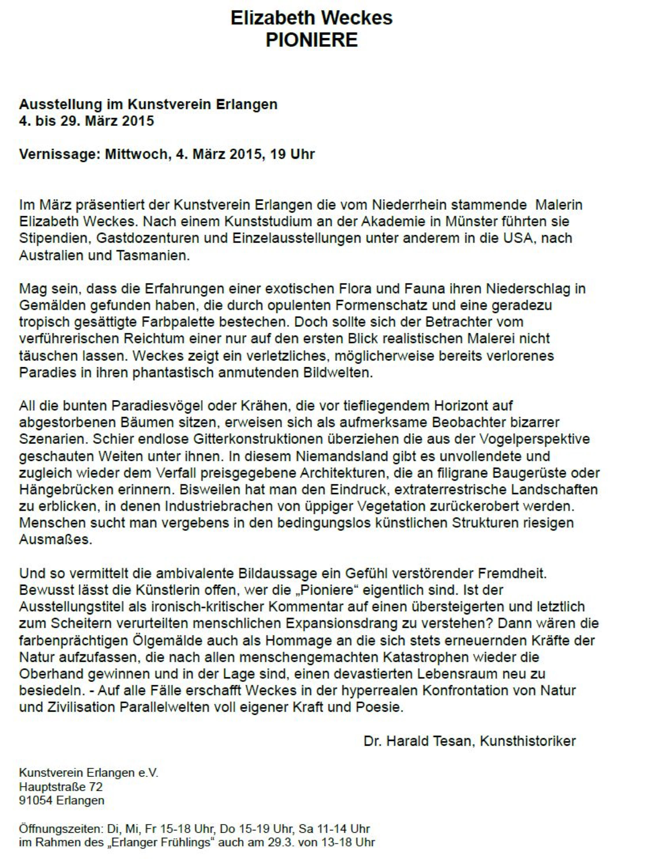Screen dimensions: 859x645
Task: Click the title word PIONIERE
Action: tap(311, 40)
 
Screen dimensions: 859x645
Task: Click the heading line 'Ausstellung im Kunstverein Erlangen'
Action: tap(148, 105)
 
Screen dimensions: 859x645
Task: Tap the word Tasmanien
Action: tap(153, 255)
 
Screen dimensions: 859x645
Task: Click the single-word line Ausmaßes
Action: tap(56, 540)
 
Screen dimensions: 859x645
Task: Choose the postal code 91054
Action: tap(36, 801)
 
